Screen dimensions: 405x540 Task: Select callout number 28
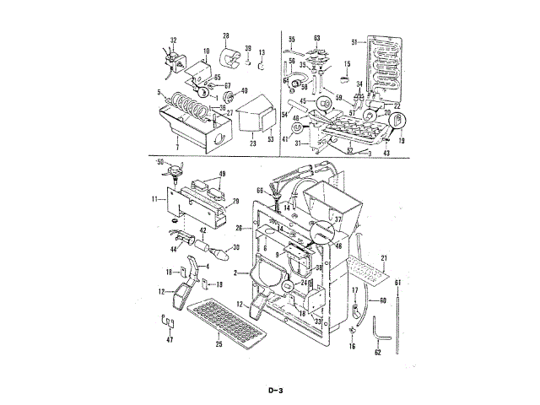coord(226,35)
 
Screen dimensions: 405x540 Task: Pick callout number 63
coord(316,38)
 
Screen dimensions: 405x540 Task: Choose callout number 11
coord(155,199)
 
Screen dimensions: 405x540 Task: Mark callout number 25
coord(217,345)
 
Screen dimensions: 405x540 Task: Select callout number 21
coord(384,256)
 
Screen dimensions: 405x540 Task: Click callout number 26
coord(239,228)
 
